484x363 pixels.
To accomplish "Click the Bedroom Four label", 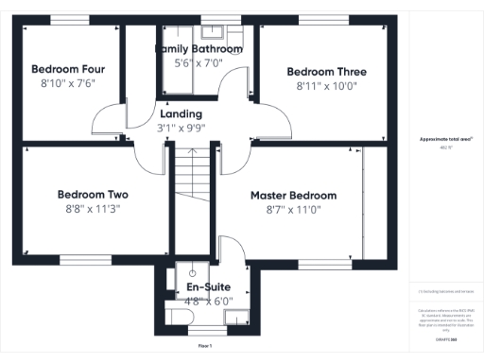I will tap(67, 69).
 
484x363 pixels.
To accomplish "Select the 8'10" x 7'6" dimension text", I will tap(67, 84).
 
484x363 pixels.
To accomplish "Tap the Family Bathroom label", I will tap(199, 48).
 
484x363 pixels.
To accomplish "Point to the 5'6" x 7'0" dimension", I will tap(199, 62).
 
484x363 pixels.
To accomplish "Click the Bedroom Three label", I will tap(326, 71).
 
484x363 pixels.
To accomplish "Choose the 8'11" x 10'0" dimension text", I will tap(326, 86).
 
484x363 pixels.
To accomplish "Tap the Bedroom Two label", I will tap(93, 195).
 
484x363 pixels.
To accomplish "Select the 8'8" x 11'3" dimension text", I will tap(93, 210).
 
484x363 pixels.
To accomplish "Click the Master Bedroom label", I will tap(293, 195).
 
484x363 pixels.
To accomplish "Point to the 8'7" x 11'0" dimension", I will tap(293, 210).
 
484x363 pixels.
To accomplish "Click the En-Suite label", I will tap(208, 286).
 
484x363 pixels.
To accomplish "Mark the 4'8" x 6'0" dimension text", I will tap(208, 302).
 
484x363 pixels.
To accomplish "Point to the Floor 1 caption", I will tap(204, 347).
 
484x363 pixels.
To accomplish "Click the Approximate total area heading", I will tap(441, 139).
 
